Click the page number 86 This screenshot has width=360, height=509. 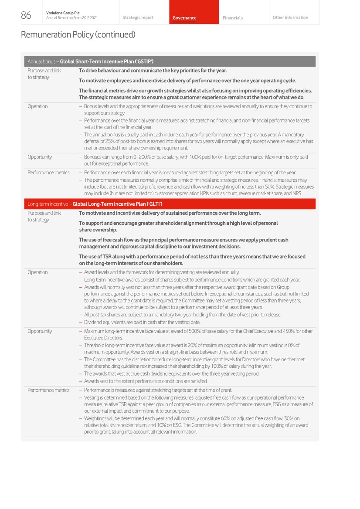(x=26, y=15)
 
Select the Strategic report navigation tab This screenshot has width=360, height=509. (x=138, y=18)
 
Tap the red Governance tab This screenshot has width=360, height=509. (x=184, y=18)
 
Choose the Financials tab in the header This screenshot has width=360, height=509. (x=233, y=18)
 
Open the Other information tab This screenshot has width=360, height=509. (x=290, y=18)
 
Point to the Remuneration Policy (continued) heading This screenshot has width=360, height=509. (x=78, y=34)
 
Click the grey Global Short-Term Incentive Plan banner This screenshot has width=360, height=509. (x=170, y=61)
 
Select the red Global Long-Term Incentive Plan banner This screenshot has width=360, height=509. (x=170, y=204)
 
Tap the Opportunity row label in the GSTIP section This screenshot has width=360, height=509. (x=40, y=157)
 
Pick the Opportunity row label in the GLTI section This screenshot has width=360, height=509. (x=40, y=331)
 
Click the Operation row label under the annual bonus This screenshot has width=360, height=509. (x=37, y=106)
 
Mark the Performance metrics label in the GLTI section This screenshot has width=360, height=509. (x=48, y=390)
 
